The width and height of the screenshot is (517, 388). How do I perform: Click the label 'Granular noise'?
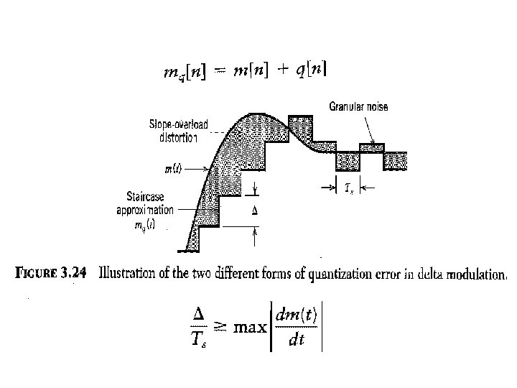(358, 107)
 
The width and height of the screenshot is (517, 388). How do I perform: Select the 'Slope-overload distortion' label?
(179, 131)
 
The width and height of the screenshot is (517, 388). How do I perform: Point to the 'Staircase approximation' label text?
(144, 205)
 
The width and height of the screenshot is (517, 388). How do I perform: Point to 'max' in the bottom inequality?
(249, 328)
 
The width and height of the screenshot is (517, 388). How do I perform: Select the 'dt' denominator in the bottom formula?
(295, 341)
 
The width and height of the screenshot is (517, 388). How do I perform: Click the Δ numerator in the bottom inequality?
(200, 315)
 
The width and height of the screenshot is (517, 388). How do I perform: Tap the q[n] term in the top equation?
(311, 70)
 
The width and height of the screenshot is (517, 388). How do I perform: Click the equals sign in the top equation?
(220, 71)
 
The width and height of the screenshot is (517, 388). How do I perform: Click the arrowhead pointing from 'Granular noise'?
(371, 142)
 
